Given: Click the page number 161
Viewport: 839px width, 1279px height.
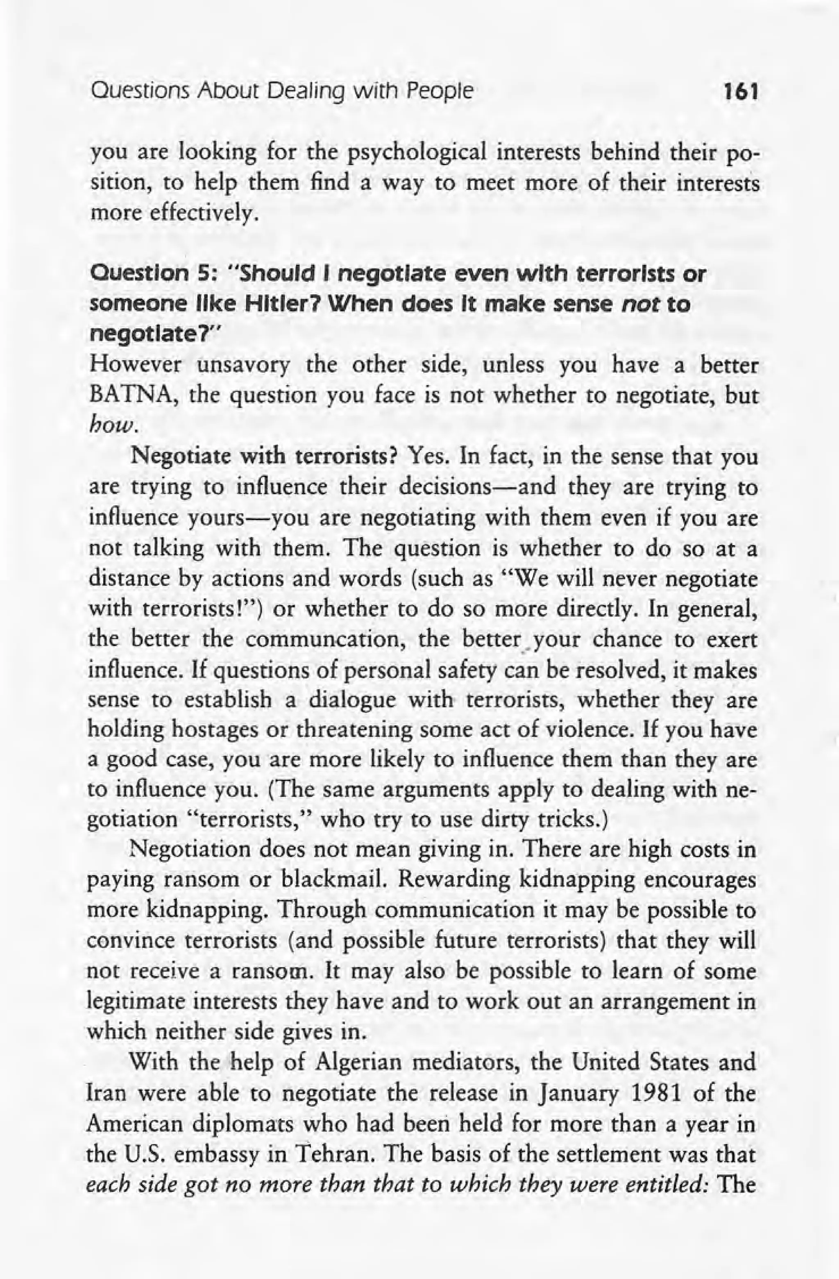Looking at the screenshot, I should (740, 93).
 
